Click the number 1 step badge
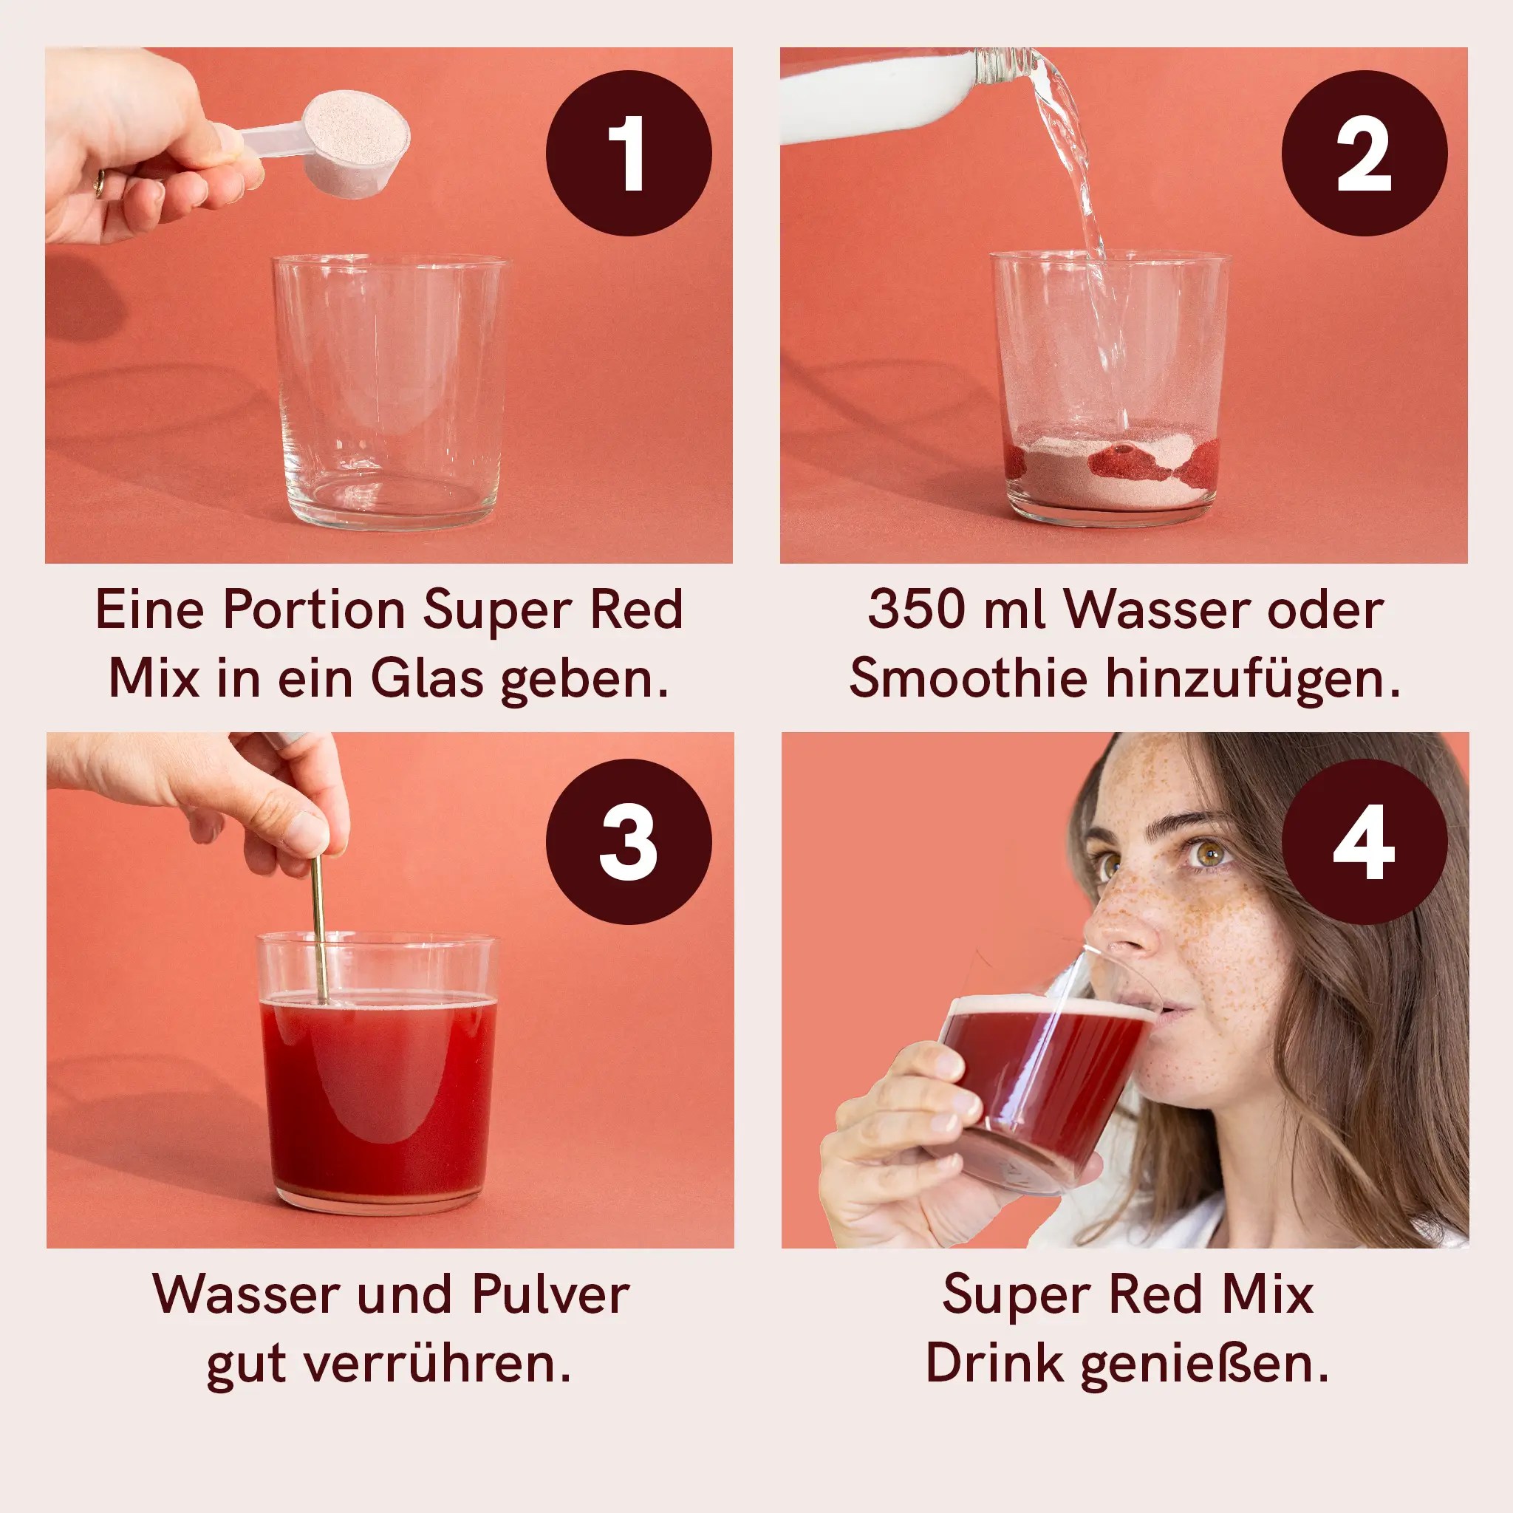[x=628, y=154]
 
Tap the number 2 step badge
[x=1365, y=154]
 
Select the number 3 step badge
[x=628, y=842]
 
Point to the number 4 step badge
[x=1365, y=842]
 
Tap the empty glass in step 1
[x=389, y=392]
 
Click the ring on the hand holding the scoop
[x=99, y=185]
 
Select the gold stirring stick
[x=318, y=924]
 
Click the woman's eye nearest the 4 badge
[x=1208, y=853]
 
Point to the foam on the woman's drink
[x=1049, y=1005]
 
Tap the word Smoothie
[x=967, y=678]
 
